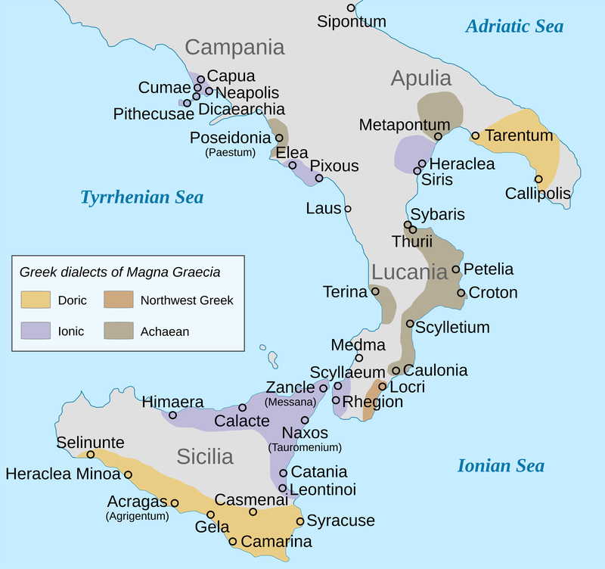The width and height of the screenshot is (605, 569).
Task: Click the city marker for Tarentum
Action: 475,136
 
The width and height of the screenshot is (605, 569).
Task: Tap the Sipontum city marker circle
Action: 351,8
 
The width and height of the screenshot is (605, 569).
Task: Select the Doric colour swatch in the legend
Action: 36,300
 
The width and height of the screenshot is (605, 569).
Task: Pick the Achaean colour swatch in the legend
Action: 118,331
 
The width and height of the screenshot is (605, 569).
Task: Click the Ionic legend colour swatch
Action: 36,331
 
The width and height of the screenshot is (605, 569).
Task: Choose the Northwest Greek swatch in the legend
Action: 118,300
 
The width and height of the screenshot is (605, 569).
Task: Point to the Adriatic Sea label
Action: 514,26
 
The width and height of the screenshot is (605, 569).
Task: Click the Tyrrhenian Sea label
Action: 142,197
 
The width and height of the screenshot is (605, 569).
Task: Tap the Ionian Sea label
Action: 501,465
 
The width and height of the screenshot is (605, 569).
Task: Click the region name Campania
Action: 234,48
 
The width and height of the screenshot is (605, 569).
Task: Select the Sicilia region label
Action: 205,456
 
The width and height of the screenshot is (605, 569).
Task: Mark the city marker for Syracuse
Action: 300,521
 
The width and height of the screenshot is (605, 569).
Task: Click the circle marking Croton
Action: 461,293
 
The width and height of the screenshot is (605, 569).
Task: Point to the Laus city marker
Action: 348,208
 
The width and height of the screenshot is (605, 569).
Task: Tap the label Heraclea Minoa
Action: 63,474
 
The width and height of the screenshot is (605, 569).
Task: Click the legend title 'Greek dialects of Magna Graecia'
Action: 120,272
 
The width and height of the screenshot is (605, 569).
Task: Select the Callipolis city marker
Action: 538,179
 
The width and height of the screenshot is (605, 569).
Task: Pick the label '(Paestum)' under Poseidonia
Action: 228,152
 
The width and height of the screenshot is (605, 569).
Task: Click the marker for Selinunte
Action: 90,455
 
